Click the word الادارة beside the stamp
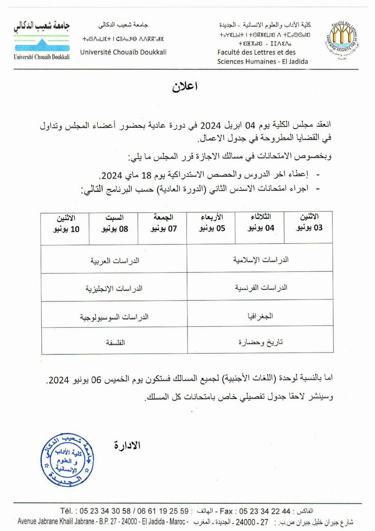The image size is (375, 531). pyautogui.click(x=127, y=445)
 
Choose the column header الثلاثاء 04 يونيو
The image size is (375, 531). pyautogui.click(x=261, y=223)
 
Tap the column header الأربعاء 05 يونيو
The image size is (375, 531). pyautogui.click(x=211, y=223)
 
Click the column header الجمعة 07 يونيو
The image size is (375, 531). pyautogui.click(x=163, y=223)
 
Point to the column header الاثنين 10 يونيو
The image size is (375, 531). pyautogui.click(x=65, y=223)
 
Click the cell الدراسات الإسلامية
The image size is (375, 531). pyautogui.click(x=261, y=259)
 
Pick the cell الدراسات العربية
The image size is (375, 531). pyautogui.click(x=115, y=259)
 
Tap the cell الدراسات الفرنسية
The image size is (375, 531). pyautogui.click(x=261, y=287)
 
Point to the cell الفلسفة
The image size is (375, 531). pyautogui.click(x=115, y=342)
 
